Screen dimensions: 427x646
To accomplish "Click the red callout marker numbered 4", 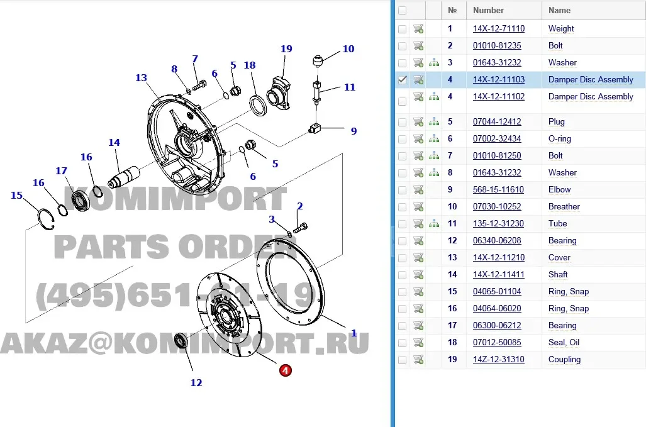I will point(286,370).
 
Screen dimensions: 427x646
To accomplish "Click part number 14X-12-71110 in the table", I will point(498,29).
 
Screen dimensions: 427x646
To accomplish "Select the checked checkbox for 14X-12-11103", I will point(403,80).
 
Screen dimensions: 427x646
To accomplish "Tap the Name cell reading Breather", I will point(564,207).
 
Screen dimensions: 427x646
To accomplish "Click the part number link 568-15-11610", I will point(498,190).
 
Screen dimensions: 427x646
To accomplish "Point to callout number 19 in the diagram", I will point(286,49).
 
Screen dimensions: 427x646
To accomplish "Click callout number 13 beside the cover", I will point(141,78).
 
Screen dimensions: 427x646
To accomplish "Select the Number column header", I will point(488,11).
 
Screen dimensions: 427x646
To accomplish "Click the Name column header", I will point(559,11).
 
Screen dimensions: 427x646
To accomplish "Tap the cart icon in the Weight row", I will point(418,29).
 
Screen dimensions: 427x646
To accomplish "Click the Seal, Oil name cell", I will point(564,343).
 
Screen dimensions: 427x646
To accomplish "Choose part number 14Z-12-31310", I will point(498,360).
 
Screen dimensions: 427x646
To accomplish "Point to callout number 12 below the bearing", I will point(196,382).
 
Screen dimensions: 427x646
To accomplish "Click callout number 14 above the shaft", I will point(114,143).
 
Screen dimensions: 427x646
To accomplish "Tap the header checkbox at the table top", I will point(403,11).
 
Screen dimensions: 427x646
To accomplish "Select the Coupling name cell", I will point(564,360).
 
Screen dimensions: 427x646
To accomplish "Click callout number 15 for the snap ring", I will point(17,196).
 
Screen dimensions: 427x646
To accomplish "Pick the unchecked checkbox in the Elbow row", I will point(403,190).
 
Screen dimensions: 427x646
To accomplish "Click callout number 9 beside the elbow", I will point(354,131).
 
